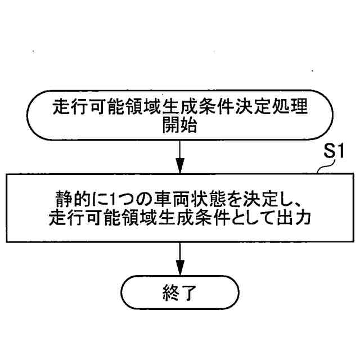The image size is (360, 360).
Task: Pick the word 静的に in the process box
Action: (x=70, y=200)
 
